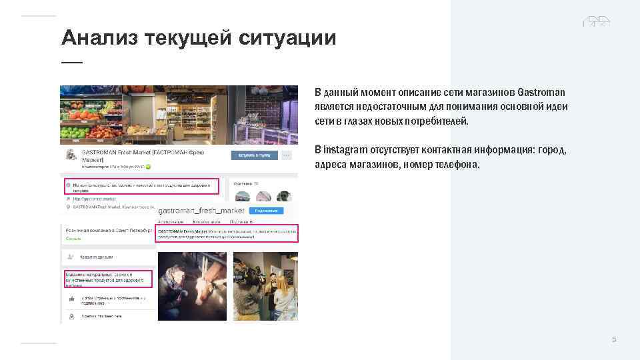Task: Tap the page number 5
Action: tap(614, 340)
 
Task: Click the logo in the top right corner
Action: tap(597, 21)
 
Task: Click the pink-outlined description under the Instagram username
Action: tap(226, 233)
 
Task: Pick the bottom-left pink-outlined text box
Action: tap(109, 279)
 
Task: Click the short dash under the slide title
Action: tap(71, 62)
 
